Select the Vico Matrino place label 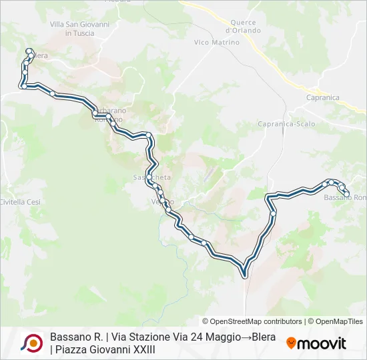tap(216, 43)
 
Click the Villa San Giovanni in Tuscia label tap(80, 28)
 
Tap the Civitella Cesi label tap(20, 201)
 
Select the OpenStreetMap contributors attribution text tap(252, 321)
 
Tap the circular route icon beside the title tap(31, 343)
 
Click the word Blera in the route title tap(264, 337)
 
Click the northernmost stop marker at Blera tap(28, 50)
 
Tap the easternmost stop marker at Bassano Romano tap(346, 195)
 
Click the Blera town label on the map tap(40, 56)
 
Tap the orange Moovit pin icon tap(291, 343)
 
